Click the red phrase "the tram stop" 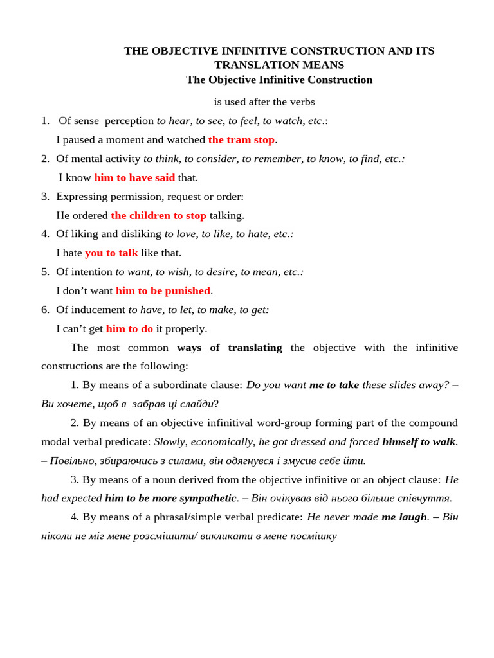pos(241,139)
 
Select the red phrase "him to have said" pos(134,177)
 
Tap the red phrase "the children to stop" pos(158,215)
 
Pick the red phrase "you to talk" pos(111,253)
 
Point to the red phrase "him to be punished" pos(163,290)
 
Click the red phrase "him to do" pos(129,328)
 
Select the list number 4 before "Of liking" pos(45,234)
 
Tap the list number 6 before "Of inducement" pos(45,310)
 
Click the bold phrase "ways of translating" pos(229,348)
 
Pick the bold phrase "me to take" pos(334,385)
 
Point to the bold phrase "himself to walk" pos(419,441)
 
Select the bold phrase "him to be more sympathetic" pos(170,498)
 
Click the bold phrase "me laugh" pos(404,517)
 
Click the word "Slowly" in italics pos(169,441)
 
